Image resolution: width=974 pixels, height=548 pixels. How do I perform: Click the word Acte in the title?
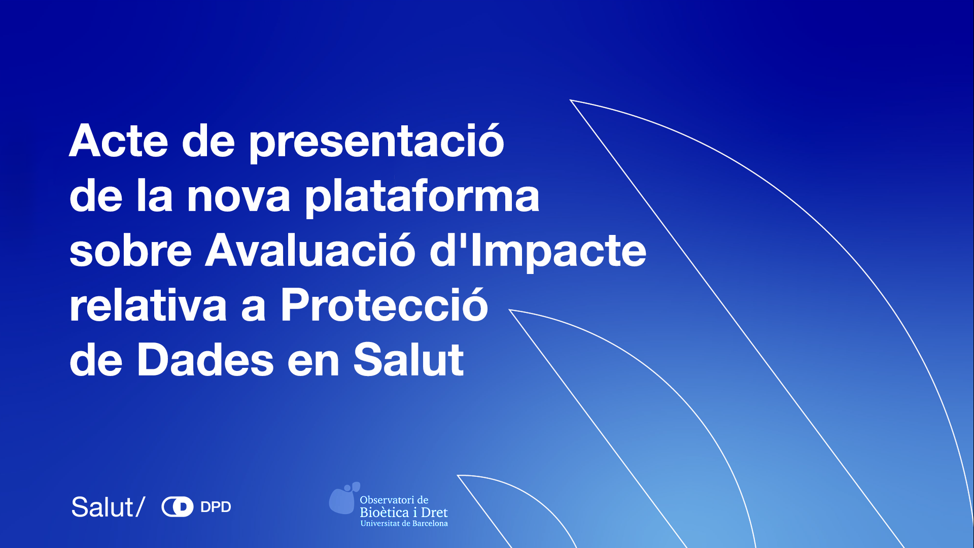coord(118,141)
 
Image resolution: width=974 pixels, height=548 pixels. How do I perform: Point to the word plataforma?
coord(422,196)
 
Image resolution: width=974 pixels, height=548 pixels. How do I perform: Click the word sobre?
coord(130,251)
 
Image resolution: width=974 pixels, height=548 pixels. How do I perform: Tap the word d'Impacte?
coord(538,251)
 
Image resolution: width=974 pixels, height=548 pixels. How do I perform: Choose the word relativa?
coord(148,305)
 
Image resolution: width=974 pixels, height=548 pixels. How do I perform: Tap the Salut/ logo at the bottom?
coord(108,507)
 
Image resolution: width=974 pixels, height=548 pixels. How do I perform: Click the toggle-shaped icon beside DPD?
coord(177,507)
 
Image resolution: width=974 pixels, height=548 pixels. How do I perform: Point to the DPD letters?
coord(216,507)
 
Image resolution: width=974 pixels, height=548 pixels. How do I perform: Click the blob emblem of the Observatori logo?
coord(343,498)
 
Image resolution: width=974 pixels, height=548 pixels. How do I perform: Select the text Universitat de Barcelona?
coord(404,523)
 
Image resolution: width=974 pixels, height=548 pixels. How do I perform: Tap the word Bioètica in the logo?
coord(384,512)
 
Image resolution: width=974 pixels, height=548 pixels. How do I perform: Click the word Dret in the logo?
coord(434,512)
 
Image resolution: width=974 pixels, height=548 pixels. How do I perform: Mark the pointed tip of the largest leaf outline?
coord(570,100)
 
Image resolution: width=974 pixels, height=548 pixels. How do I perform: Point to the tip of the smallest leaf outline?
coord(458,475)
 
